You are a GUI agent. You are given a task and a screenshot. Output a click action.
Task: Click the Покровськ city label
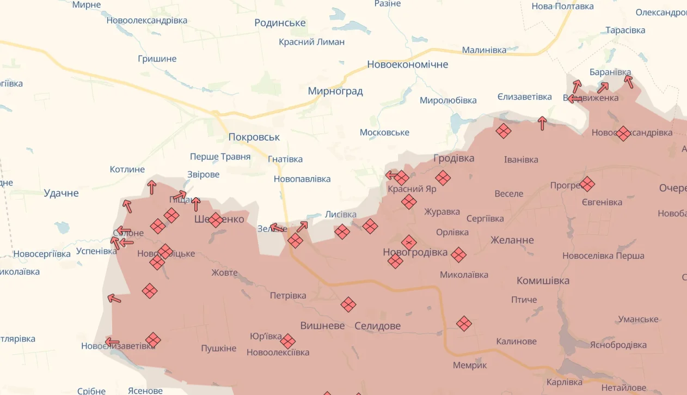(x=254, y=137)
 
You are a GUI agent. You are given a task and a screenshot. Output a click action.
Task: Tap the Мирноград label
(x=335, y=91)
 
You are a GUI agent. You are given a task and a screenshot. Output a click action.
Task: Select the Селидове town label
(x=377, y=326)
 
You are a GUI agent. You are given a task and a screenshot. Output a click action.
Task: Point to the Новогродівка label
(x=415, y=252)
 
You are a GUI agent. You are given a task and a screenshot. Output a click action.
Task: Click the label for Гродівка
(x=453, y=158)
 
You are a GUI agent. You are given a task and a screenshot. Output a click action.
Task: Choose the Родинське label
(x=280, y=23)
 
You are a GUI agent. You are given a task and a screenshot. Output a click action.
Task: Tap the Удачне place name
(x=61, y=193)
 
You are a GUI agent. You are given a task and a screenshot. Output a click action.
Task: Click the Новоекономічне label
(x=408, y=64)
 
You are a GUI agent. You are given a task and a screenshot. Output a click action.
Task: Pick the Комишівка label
(x=543, y=281)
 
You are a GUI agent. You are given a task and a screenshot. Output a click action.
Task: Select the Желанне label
(x=512, y=240)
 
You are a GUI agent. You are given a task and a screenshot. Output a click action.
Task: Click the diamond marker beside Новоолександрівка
(x=623, y=133)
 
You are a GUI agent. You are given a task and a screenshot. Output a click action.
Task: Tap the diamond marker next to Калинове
(x=464, y=324)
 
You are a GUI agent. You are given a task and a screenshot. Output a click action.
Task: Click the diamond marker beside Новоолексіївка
(x=288, y=342)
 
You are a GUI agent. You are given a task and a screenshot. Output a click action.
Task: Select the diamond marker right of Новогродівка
(x=459, y=254)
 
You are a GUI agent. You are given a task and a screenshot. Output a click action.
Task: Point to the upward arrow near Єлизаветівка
(x=542, y=123)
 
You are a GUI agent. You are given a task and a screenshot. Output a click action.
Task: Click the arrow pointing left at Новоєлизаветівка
(x=112, y=342)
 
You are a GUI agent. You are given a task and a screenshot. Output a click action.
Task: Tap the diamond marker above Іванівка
(x=504, y=131)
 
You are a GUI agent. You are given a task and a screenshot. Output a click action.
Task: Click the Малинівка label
(x=484, y=50)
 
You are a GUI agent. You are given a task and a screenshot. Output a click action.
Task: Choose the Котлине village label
(x=127, y=169)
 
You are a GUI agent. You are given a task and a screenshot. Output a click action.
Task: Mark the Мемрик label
(x=470, y=365)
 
